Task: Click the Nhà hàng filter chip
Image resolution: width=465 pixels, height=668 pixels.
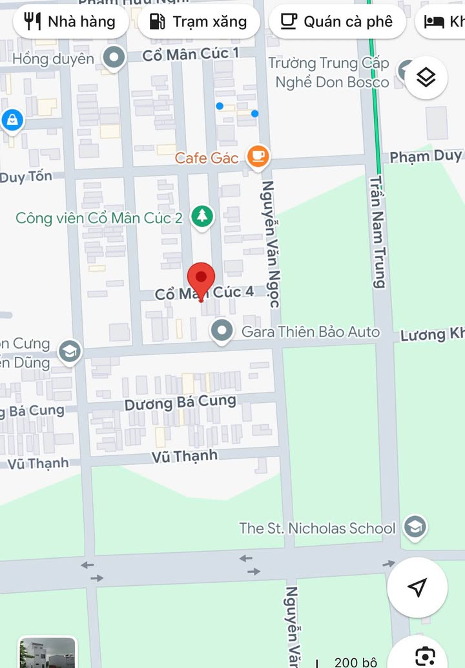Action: (x=69, y=21)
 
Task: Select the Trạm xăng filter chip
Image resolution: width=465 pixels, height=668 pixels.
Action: (x=199, y=21)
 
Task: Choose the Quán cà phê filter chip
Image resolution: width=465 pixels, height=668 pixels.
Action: (x=336, y=21)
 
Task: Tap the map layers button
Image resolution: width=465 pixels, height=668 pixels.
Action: (x=426, y=78)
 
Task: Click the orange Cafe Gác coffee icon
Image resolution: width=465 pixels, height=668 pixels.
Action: (x=258, y=156)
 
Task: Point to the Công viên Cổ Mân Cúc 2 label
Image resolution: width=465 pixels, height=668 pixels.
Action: (x=99, y=218)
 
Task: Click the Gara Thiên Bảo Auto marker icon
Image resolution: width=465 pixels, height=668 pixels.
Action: (x=223, y=331)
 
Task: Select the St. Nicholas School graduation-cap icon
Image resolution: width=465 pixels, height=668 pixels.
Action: (x=414, y=527)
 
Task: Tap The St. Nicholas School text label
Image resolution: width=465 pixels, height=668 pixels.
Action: (x=317, y=528)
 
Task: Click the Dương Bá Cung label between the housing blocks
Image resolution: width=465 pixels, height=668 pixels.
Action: (x=180, y=403)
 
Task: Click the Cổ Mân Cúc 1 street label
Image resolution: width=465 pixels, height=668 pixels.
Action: (x=191, y=54)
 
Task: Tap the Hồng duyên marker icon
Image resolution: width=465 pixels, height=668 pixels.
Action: (x=115, y=58)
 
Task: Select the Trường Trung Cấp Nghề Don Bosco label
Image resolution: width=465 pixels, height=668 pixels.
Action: (x=330, y=72)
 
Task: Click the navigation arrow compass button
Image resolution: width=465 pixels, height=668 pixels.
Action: (x=417, y=587)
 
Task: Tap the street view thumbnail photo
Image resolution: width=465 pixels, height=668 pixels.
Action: (x=48, y=652)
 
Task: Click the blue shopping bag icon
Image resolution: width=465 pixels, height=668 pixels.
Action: (x=12, y=120)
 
